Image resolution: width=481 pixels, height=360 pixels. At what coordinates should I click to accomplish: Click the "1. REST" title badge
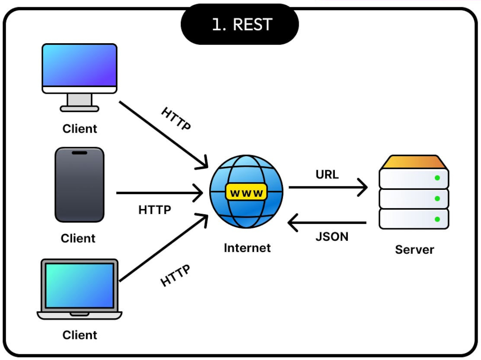point(240,24)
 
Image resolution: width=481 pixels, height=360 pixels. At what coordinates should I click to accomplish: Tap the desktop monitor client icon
point(79,77)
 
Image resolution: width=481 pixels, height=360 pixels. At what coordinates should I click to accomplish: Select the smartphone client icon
point(79,185)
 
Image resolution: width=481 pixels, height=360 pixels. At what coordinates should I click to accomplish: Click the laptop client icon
point(79,289)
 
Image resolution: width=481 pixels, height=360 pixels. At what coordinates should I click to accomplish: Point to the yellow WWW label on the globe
point(246,193)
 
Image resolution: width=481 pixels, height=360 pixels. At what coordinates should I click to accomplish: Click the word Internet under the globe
point(247,248)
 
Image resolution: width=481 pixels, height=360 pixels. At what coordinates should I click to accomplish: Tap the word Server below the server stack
point(415,249)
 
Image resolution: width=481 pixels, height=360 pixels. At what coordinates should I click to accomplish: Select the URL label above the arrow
point(327,174)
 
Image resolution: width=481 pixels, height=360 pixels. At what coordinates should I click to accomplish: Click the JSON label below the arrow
point(332,236)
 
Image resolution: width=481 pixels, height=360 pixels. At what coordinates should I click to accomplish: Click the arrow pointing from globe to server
point(328,187)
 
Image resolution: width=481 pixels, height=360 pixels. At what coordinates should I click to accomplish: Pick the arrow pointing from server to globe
point(327,223)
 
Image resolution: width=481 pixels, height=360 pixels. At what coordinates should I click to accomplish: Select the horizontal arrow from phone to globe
point(160,193)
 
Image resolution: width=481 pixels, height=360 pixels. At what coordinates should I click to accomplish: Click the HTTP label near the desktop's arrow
point(176,118)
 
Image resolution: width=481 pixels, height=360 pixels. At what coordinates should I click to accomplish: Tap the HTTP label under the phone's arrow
point(154,210)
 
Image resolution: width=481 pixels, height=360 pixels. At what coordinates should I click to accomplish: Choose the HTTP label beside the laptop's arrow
point(175,275)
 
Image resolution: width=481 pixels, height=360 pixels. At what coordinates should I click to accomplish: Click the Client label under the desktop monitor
point(80,129)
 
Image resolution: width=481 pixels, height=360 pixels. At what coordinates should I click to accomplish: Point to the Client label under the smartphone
point(78,238)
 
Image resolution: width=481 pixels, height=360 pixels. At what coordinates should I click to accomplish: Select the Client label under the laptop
point(80,335)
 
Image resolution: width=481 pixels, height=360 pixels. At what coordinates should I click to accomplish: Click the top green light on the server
point(437,178)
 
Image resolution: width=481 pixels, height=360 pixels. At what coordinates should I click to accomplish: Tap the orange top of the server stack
point(414,161)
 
